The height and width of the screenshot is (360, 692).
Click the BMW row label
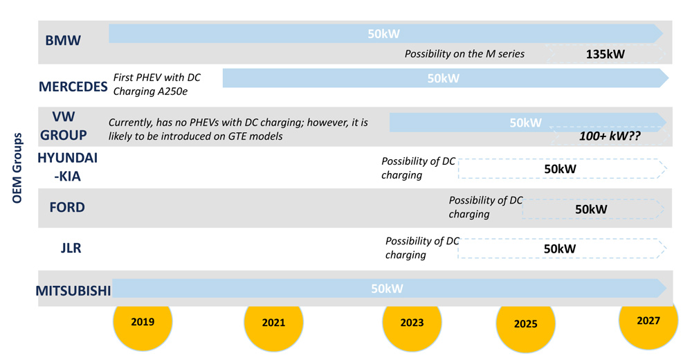[x=63, y=41]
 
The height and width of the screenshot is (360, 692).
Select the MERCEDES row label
[x=73, y=87]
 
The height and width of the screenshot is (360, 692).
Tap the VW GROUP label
[x=64, y=126]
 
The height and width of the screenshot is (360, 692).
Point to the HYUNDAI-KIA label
[x=68, y=167]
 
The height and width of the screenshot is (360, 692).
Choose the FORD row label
[x=67, y=208]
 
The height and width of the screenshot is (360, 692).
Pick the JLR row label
[x=71, y=249]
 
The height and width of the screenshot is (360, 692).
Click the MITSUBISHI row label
[x=73, y=291]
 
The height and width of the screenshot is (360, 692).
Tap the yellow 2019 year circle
[x=143, y=321]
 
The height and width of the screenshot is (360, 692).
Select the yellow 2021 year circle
[x=273, y=322]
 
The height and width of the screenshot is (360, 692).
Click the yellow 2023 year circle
[x=412, y=323]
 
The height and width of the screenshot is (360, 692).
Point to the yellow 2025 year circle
[x=526, y=323]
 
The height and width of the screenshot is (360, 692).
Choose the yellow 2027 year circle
[x=648, y=321]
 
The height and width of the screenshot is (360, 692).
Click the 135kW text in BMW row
[x=605, y=54]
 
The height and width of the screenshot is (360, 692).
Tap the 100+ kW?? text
[x=610, y=136]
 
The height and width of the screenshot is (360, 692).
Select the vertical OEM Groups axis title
[x=17, y=168]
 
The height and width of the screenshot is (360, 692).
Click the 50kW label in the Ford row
[x=591, y=209]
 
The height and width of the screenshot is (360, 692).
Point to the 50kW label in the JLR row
[x=560, y=249]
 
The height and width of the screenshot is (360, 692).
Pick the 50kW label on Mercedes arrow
[x=443, y=79]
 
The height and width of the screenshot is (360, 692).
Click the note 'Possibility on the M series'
[x=464, y=54]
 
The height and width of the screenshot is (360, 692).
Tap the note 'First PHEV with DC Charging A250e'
[x=156, y=84]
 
